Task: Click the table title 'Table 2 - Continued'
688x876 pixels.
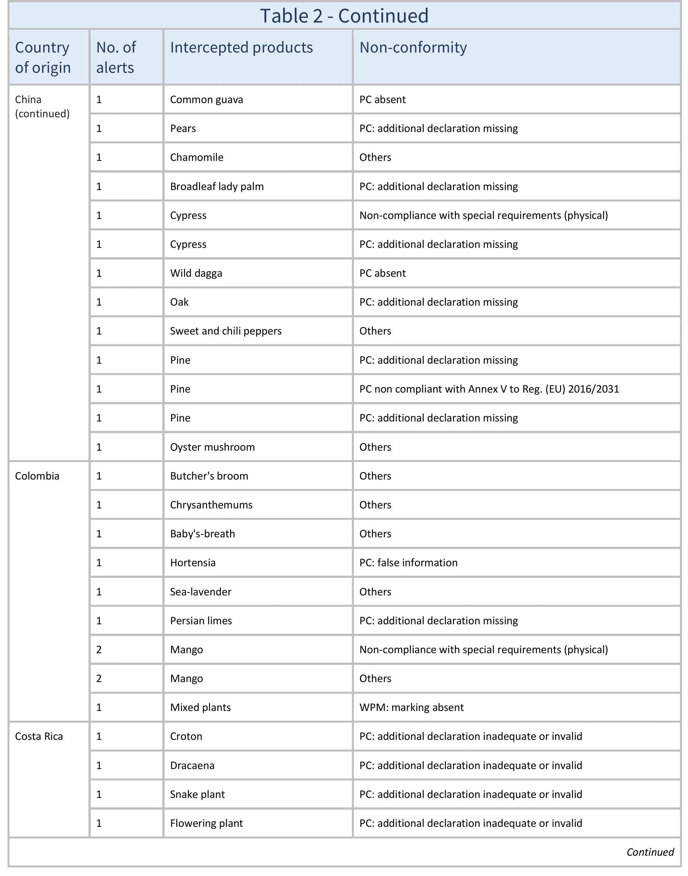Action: click(344, 16)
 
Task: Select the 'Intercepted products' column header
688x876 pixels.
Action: click(241, 48)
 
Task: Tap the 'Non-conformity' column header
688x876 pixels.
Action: click(413, 48)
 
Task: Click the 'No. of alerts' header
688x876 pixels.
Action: click(116, 57)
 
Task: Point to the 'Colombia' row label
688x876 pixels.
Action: click(37, 476)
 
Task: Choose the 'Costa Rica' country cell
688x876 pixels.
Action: click(39, 737)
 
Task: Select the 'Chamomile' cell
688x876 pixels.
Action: click(196, 157)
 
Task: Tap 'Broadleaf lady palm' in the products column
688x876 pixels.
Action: click(217, 187)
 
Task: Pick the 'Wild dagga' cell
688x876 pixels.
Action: click(196, 273)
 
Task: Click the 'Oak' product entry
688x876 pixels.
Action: click(179, 302)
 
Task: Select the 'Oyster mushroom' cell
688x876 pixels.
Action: click(212, 447)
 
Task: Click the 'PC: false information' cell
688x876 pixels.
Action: click(409, 563)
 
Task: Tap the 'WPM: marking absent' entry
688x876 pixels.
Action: click(411, 707)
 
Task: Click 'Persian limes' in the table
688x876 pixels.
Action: click(201, 621)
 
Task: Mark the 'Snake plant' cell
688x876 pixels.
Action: click(197, 795)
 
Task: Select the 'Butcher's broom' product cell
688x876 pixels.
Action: click(209, 476)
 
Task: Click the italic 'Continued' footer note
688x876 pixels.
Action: click(650, 852)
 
